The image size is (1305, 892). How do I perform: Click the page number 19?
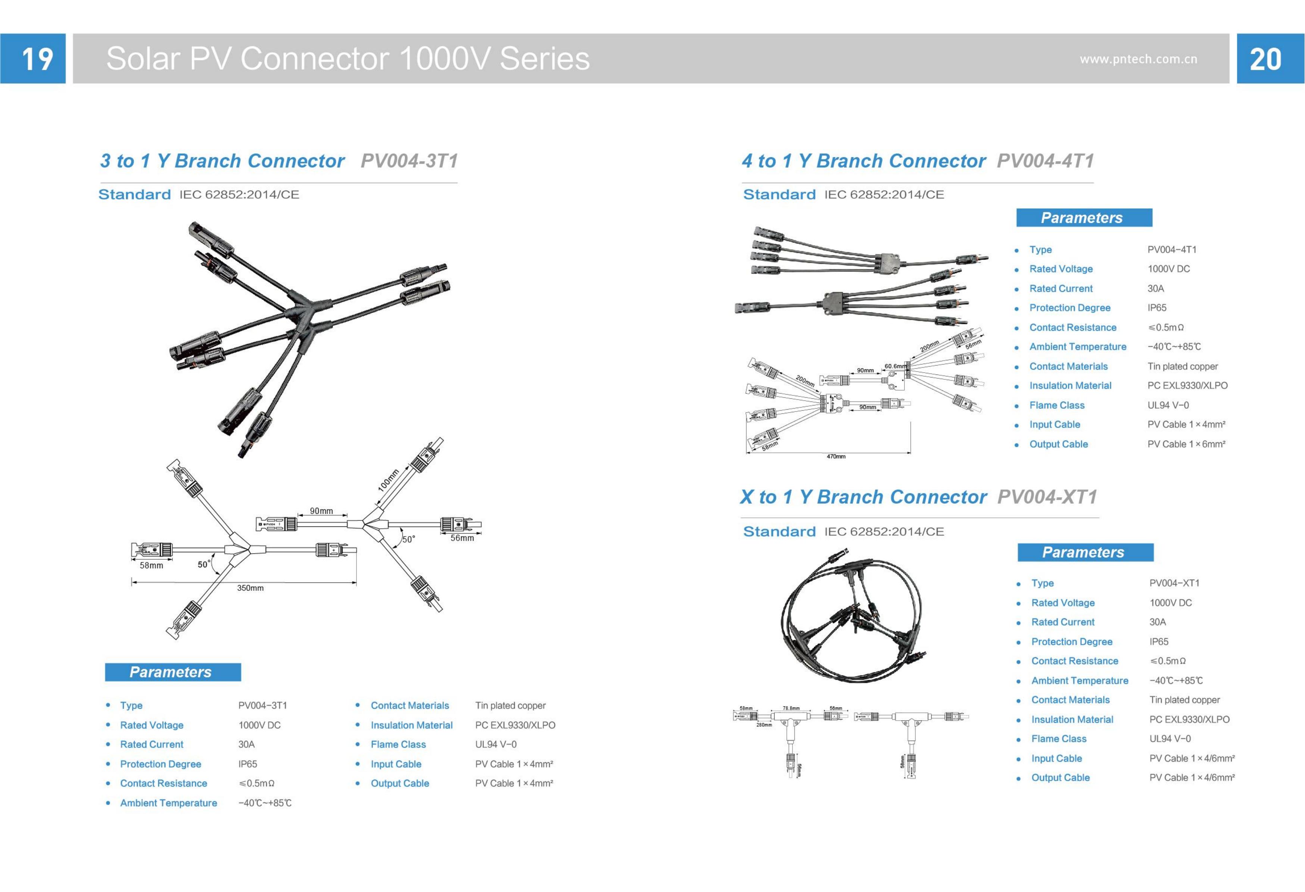[x=37, y=59]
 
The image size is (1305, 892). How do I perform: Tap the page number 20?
[x=1266, y=59]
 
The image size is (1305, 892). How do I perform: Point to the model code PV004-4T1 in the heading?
[x=1045, y=161]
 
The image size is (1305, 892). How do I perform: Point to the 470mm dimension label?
[x=835, y=457]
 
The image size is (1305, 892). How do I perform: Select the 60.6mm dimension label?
[x=895, y=366]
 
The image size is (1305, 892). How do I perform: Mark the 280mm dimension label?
[x=764, y=725]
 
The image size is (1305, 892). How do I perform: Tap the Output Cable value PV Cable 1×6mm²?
[x=1186, y=444]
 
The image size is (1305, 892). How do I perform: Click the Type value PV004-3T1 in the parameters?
[x=262, y=706]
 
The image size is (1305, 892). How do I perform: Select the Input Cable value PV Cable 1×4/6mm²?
[x=1192, y=758]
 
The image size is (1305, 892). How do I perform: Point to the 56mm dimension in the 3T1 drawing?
[x=462, y=538]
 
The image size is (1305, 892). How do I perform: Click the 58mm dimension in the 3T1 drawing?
[x=151, y=566]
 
